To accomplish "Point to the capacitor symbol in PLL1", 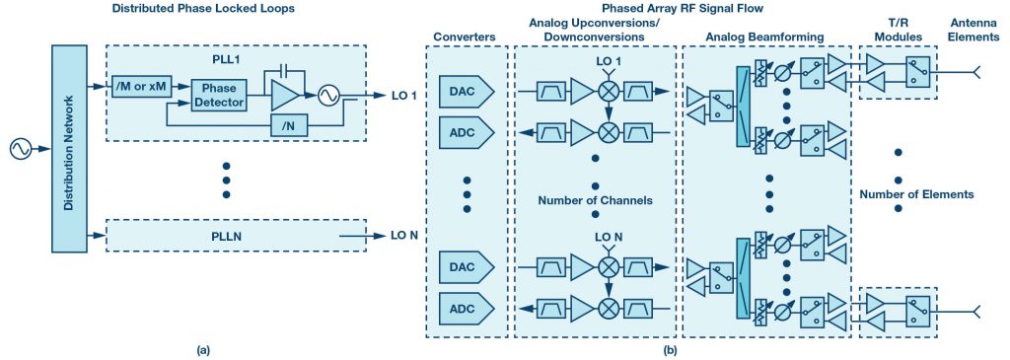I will (283, 71).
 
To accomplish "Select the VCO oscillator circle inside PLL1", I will (325, 96).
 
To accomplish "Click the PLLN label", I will (226, 237).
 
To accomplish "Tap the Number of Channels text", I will (595, 200).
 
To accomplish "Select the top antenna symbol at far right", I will (976, 71).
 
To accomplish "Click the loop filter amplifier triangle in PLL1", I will (285, 96).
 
